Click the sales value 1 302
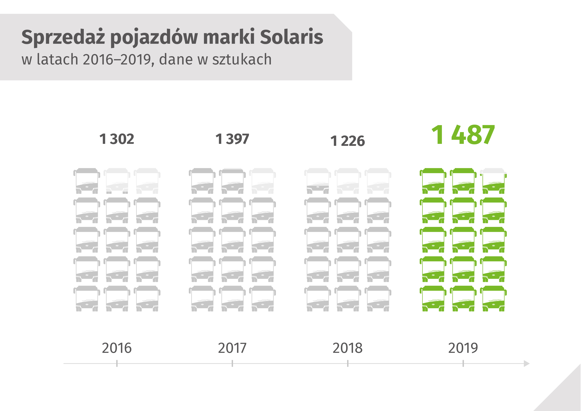click(117, 139)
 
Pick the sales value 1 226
click(347, 141)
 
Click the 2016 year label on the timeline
click(117, 348)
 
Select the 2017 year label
click(232, 348)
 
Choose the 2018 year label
click(347, 348)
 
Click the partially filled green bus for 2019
click(493, 181)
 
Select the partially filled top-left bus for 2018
click(317, 181)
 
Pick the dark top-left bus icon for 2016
click(87, 181)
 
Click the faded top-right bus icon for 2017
click(262, 181)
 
